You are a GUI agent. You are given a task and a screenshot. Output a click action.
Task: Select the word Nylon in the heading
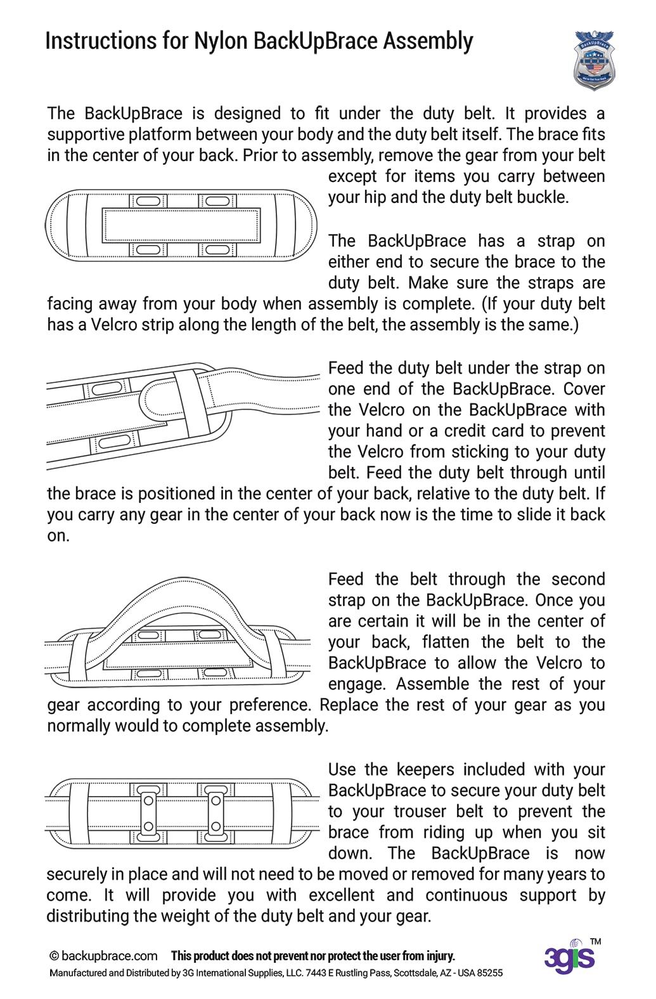[220, 41]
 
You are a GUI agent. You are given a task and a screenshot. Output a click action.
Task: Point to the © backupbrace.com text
[103, 956]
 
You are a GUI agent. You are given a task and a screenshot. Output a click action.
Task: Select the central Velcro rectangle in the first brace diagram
[181, 225]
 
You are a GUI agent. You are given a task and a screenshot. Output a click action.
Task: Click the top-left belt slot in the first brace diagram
[148, 200]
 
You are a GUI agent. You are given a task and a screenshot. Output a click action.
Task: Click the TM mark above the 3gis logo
[595, 942]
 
